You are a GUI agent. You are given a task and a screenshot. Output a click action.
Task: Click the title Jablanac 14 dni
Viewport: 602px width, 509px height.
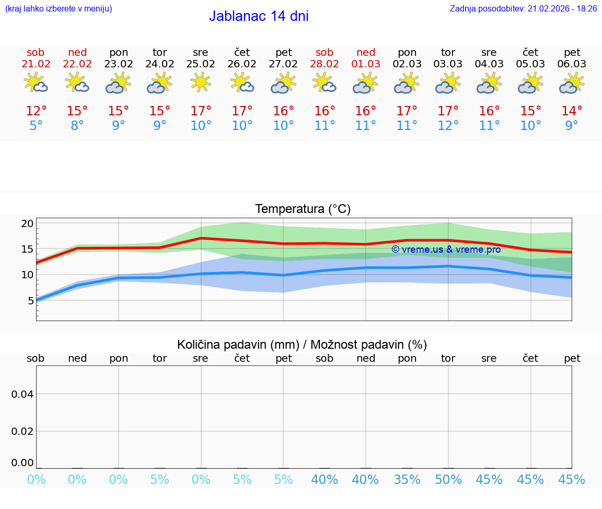(259, 16)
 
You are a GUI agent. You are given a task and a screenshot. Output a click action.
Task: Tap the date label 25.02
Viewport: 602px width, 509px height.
(201, 64)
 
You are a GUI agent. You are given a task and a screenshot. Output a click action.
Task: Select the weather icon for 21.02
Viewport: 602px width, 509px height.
(36, 83)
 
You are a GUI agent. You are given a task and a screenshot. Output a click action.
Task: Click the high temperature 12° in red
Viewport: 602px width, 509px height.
(36, 111)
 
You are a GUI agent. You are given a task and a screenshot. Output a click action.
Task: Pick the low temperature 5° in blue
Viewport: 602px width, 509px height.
(36, 126)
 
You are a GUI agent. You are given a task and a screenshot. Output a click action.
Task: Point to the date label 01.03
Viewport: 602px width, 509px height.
(366, 64)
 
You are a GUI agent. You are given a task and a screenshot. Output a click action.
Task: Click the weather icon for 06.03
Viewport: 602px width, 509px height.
(572, 83)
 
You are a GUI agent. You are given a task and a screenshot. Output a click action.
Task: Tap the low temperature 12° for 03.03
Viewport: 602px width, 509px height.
(448, 126)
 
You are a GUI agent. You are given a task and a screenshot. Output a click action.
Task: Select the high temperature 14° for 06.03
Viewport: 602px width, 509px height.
(572, 111)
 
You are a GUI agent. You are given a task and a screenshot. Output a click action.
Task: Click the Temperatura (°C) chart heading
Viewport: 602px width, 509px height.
(303, 209)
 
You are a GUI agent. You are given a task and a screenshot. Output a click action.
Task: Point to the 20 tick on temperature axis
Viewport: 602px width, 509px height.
(27, 223)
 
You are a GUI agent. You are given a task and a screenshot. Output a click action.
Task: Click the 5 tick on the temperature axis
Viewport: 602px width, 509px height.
(30, 300)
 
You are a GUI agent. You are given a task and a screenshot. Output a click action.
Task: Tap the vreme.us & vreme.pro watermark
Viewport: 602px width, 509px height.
(446, 250)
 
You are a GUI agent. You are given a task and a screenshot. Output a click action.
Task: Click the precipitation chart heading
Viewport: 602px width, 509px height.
(302, 345)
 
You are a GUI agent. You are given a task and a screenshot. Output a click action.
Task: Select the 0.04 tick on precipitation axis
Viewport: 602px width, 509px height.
(22, 394)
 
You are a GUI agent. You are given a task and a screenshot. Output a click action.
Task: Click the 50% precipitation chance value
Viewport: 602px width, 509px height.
(448, 480)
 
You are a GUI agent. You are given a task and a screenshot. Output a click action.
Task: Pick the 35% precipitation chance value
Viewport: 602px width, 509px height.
(407, 480)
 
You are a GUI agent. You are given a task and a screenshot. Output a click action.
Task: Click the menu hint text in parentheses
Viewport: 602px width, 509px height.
(59, 8)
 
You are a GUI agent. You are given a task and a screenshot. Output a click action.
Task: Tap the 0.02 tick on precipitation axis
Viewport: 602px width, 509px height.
(22, 431)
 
